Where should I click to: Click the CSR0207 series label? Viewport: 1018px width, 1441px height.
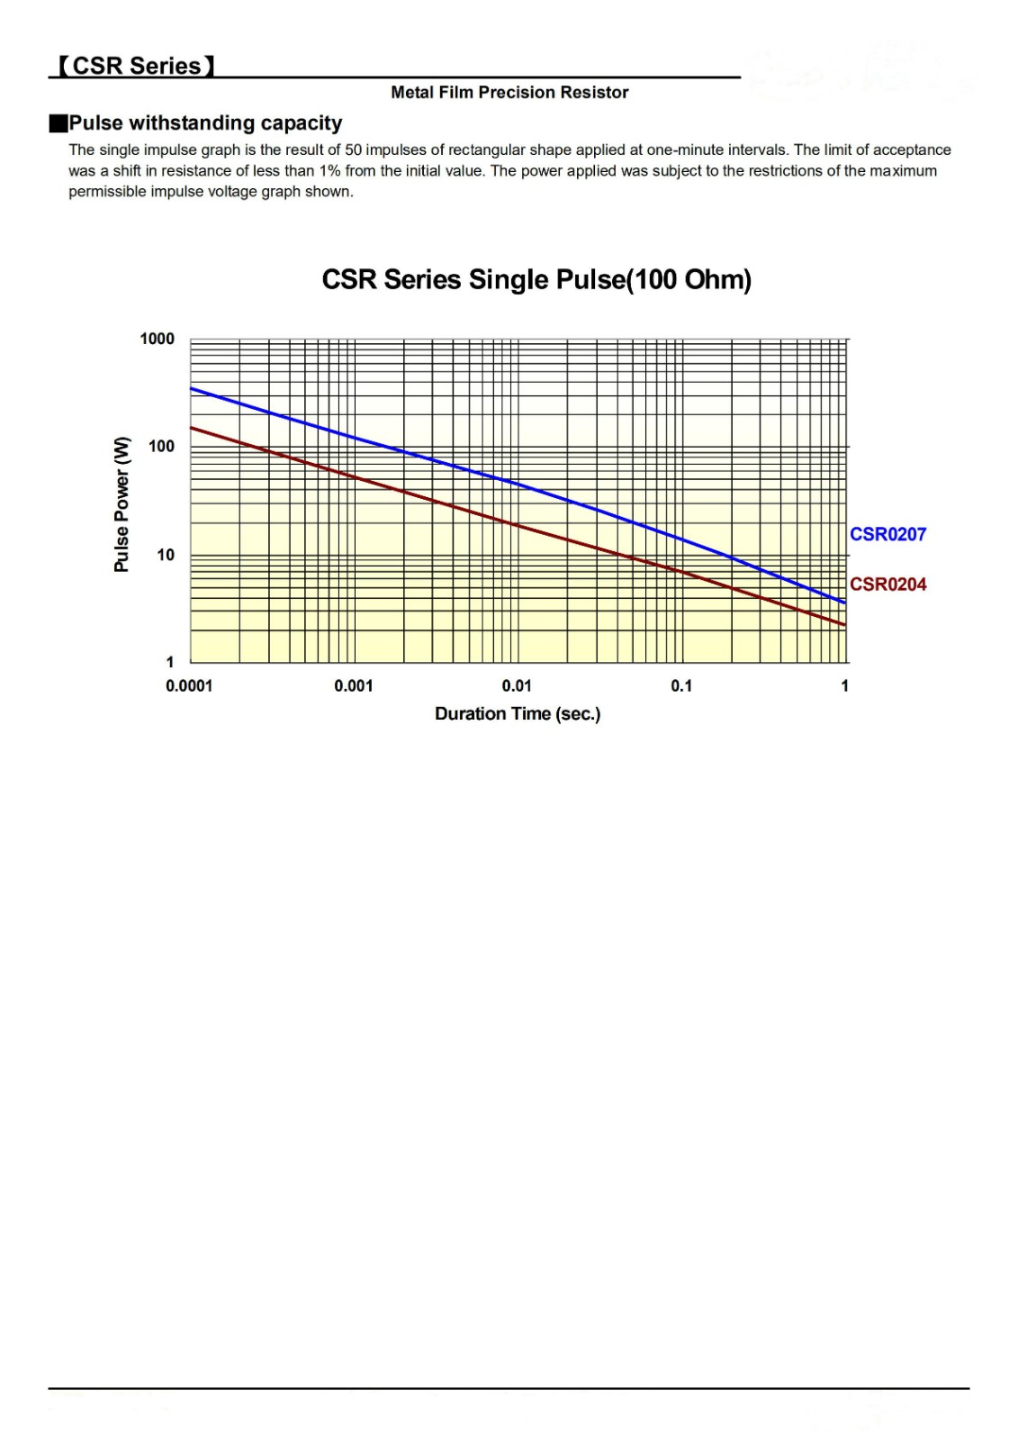pos(887,534)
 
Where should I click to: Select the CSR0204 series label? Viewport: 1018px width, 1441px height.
pos(887,585)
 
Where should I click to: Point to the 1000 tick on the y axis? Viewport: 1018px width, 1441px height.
pos(158,339)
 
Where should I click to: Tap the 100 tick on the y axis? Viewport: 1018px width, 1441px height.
pos(162,446)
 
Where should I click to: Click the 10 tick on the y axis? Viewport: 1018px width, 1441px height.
pos(166,555)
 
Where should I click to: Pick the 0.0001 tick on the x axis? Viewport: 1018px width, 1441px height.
pos(189,686)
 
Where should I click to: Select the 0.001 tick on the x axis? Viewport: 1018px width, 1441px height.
pos(353,686)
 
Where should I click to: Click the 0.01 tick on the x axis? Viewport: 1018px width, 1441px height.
pos(517,686)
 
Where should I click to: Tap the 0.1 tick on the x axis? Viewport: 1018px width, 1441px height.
pos(681,686)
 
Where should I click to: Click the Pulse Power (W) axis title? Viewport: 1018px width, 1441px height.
pos(122,504)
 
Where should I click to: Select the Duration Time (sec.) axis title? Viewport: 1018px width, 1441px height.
pos(518,714)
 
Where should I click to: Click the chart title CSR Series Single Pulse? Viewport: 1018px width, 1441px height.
pos(536,280)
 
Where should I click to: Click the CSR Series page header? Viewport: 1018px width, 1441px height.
pos(136,66)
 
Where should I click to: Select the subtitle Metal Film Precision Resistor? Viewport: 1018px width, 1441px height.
pos(509,92)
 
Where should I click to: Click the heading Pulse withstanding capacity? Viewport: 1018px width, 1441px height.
pos(205,122)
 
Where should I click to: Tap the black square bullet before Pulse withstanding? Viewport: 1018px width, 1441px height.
pos(59,123)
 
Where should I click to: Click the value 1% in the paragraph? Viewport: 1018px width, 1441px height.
pos(329,171)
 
